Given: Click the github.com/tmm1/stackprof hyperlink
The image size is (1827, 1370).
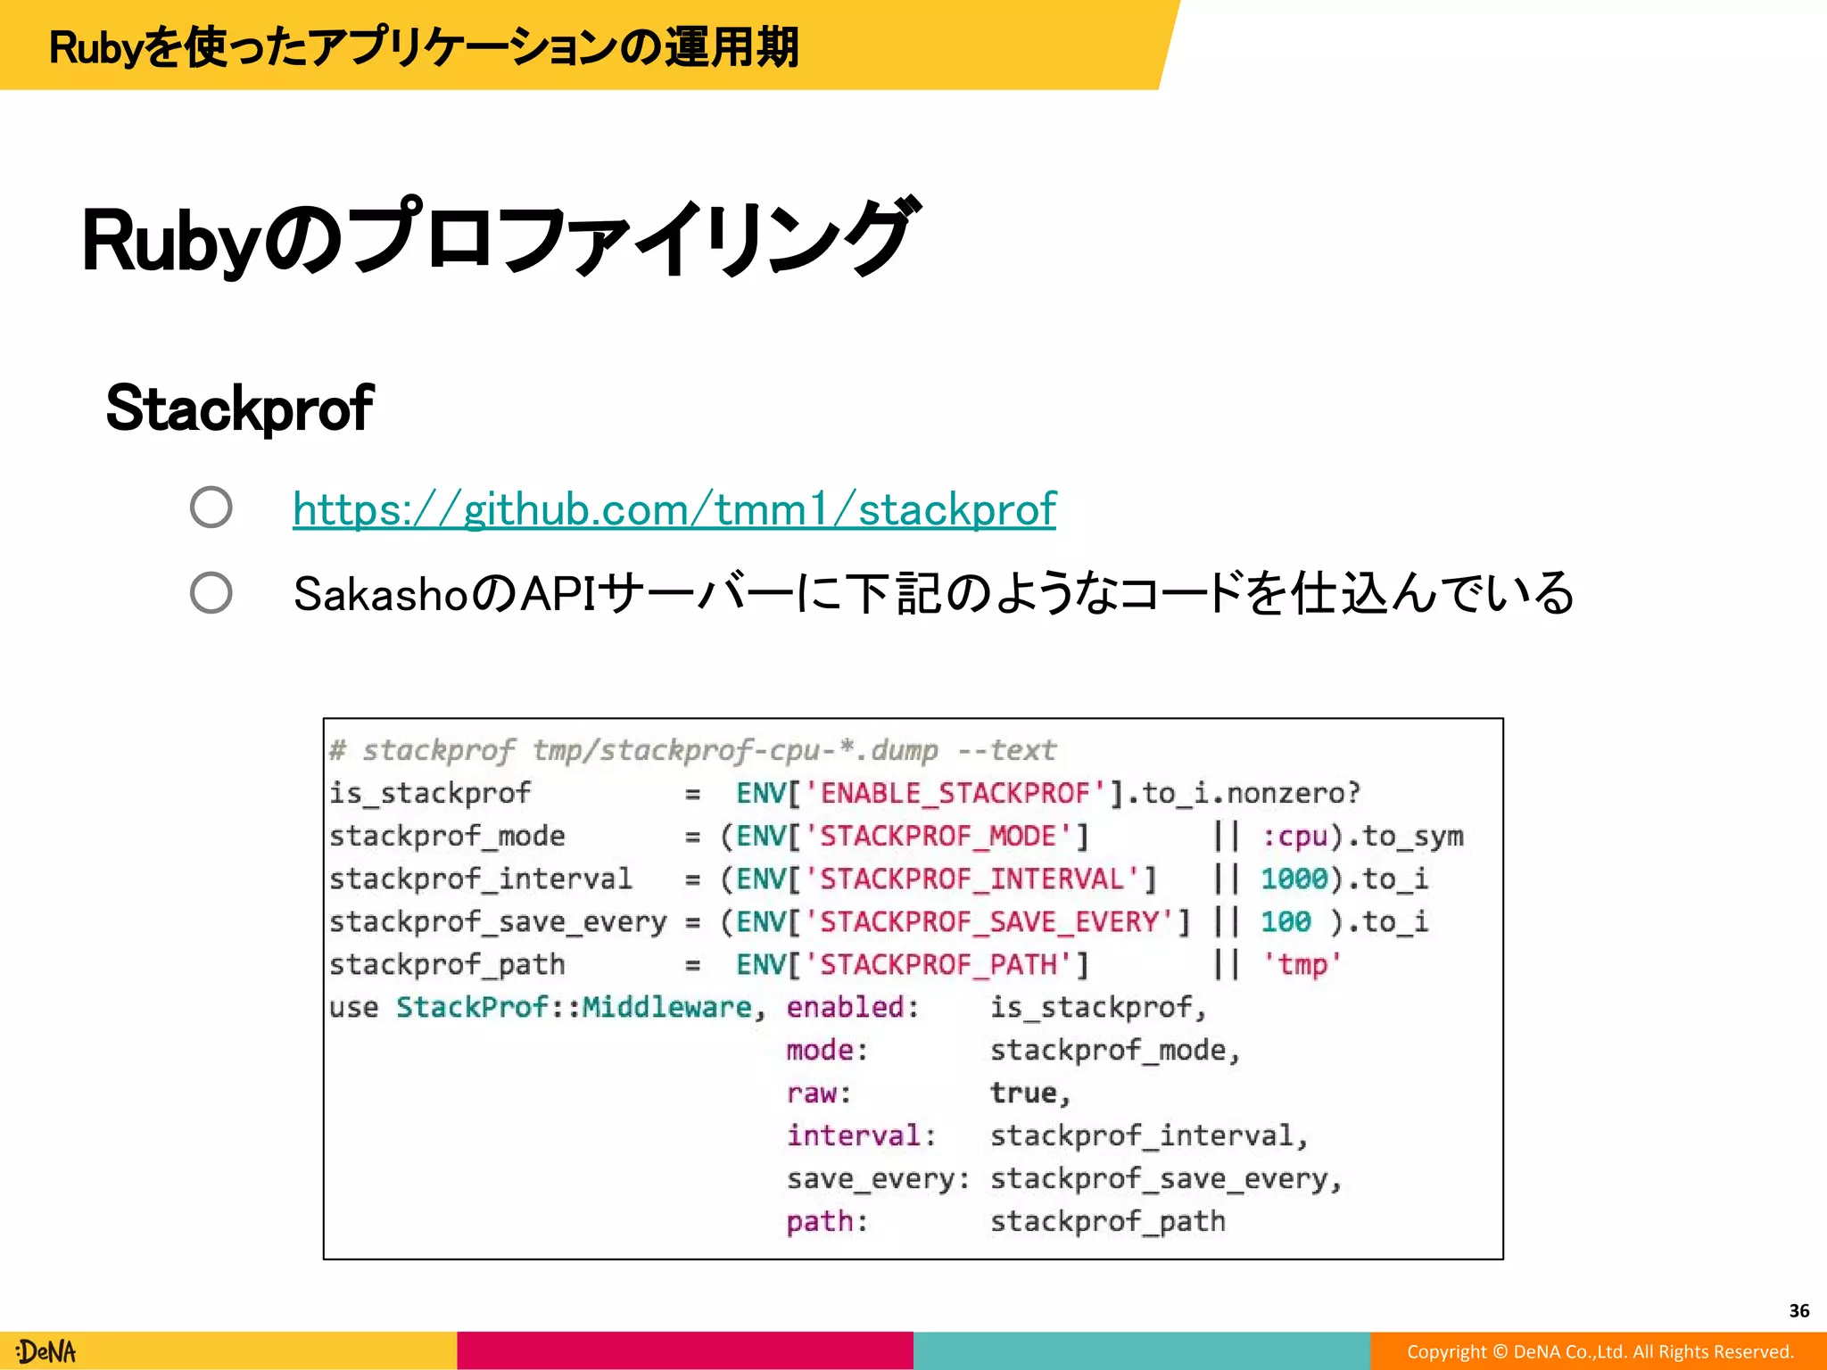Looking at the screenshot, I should click(674, 509).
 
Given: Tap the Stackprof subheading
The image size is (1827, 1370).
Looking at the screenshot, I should click(239, 409).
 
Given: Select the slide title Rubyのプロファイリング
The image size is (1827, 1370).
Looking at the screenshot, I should click(498, 239).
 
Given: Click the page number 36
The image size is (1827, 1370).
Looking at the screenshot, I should click(1798, 1310).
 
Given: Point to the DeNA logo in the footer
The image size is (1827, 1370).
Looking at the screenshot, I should click(46, 1351).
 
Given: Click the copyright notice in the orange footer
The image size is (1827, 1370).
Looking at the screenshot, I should click(1600, 1351).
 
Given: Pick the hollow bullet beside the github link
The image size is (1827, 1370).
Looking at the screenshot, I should click(211, 508).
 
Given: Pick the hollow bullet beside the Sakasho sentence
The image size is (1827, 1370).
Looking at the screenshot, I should click(211, 592).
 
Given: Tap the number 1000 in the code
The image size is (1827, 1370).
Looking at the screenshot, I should click(1294, 879).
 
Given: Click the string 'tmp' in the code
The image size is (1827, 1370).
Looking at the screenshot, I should click(1302, 964).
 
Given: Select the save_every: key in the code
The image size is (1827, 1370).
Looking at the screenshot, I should click(878, 1178).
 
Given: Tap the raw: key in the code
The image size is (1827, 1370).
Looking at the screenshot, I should click(819, 1093).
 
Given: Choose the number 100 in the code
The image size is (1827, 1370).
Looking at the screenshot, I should click(1286, 921).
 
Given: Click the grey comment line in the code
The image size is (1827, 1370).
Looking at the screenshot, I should click(692, 750).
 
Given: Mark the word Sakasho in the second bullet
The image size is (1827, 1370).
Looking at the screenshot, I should click(379, 594).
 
